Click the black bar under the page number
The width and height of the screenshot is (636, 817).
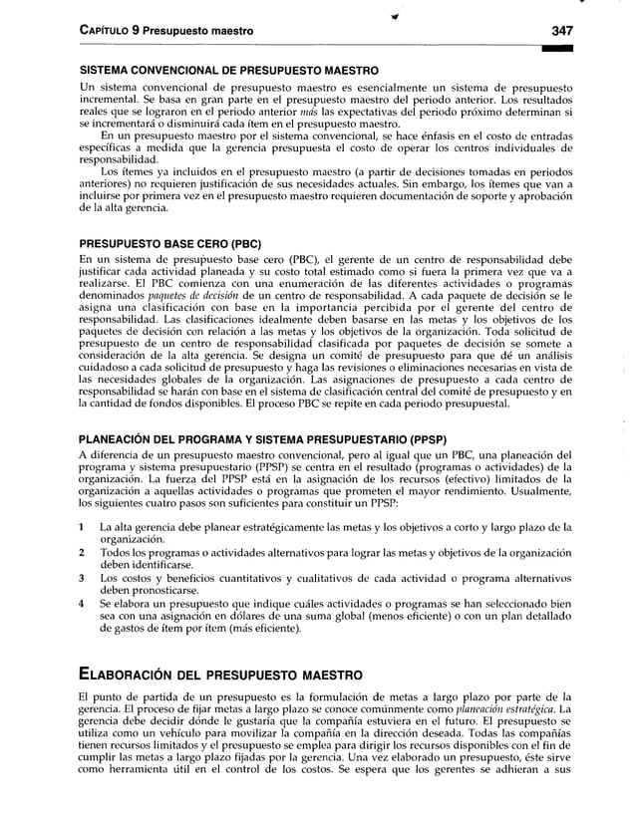point(575,48)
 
